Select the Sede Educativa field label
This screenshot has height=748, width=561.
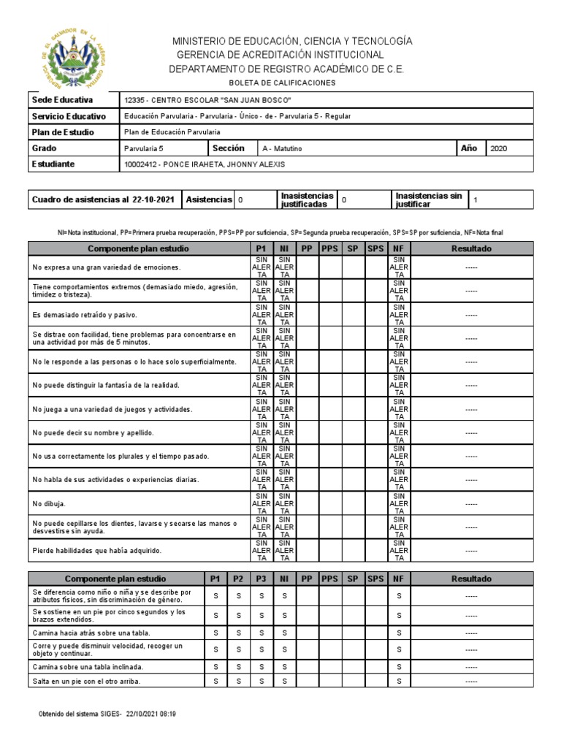(x=62, y=99)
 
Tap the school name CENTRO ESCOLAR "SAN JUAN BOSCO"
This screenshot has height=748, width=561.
(x=220, y=100)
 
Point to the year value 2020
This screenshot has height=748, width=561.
(x=500, y=148)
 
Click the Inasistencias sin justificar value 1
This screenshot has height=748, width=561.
(x=476, y=199)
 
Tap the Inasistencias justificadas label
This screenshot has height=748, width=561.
(x=308, y=199)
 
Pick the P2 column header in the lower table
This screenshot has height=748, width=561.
(x=237, y=579)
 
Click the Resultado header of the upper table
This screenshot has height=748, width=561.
(x=471, y=249)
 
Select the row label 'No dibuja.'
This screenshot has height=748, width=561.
(x=50, y=503)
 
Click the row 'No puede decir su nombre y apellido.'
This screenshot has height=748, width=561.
(x=93, y=433)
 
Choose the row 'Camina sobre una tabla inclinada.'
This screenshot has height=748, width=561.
(x=88, y=667)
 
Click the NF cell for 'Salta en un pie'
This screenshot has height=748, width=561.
(x=399, y=682)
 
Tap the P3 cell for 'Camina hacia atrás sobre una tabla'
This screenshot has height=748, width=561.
(x=262, y=632)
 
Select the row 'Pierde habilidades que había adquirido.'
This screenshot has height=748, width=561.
(x=96, y=551)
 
